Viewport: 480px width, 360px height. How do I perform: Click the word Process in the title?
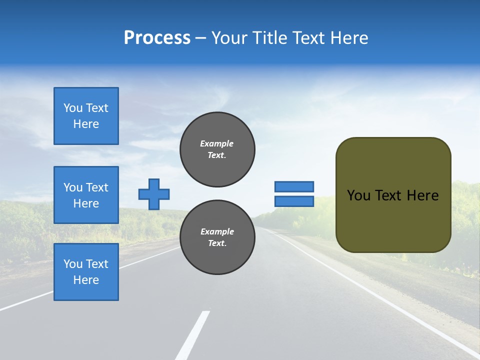click(x=157, y=38)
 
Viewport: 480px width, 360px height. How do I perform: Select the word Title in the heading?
click(x=273, y=38)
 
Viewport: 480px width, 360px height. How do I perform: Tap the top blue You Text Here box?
click(x=86, y=116)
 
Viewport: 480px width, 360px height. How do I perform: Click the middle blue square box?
click(x=86, y=195)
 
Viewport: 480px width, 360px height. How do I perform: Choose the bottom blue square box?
click(x=86, y=272)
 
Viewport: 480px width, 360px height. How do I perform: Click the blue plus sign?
click(x=154, y=194)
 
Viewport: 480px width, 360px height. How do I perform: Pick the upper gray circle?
click(x=217, y=149)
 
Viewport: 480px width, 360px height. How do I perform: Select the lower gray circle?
click(x=217, y=237)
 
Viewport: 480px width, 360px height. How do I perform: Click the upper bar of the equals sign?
click(x=294, y=186)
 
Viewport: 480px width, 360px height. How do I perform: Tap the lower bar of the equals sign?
click(x=294, y=201)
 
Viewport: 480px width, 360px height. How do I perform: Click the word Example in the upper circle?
click(x=216, y=143)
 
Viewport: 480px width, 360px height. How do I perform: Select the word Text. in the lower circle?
click(x=217, y=243)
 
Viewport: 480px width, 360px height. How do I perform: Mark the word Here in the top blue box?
click(x=86, y=124)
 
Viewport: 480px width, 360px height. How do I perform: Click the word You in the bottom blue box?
click(x=73, y=264)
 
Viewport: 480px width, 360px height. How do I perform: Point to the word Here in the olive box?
click(x=422, y=195)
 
